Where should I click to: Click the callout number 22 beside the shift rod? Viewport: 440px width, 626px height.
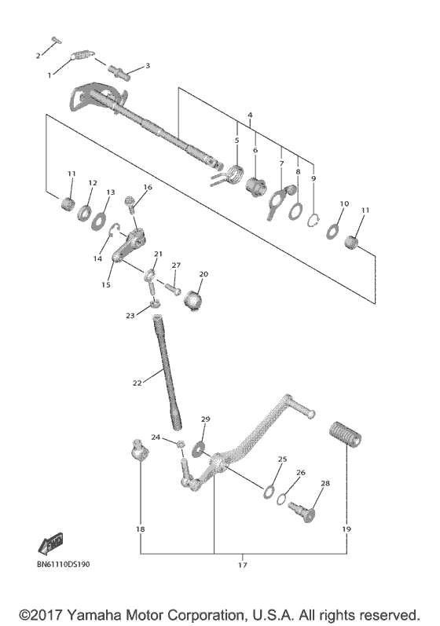137,383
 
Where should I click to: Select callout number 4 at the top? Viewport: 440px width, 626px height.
249,115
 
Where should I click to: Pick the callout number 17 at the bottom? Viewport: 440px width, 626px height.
242,564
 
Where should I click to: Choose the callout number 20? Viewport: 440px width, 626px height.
203,274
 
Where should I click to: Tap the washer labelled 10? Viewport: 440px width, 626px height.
332,232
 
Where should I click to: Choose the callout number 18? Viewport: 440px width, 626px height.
140,529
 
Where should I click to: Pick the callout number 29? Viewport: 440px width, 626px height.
206,419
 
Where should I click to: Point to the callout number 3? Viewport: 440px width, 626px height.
147,66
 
